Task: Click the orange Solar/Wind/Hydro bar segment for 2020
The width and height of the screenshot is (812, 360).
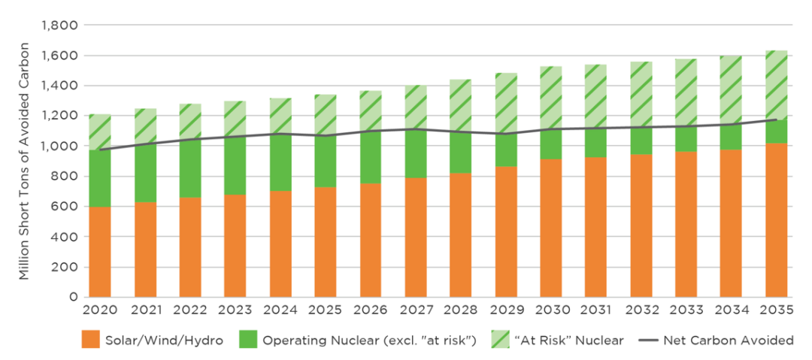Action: tap(99, 252)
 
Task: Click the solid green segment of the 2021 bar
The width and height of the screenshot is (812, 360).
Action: tap(144, 172)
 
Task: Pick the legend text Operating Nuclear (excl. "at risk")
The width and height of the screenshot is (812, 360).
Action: tap(368, 340)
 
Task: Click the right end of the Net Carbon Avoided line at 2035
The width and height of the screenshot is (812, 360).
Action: tap(776, 119)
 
